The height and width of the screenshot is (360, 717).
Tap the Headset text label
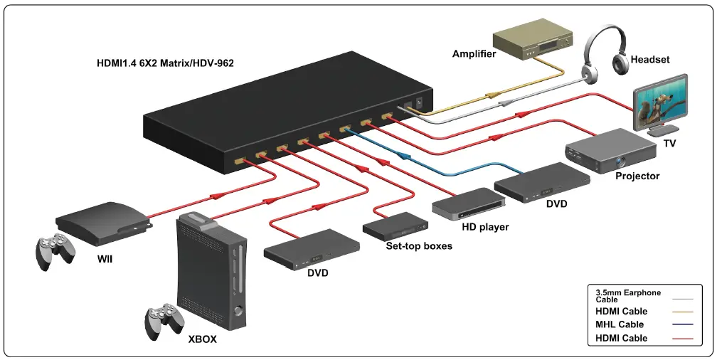(650, 60)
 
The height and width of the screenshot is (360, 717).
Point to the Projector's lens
(621, 161)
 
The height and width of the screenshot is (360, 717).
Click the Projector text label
(637, 176)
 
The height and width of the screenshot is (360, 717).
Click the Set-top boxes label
(419, 246)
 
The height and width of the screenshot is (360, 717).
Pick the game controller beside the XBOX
(164, 322)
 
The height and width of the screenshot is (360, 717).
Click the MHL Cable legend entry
(620, 324)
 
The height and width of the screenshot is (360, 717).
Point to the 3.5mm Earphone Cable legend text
(628, 296)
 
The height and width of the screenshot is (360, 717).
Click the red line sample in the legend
(686, 339)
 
